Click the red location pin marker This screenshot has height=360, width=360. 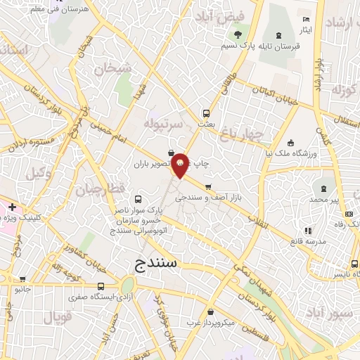181,165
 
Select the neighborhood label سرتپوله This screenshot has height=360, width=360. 163,123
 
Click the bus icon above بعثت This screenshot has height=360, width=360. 206,112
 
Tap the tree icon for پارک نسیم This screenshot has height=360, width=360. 238,34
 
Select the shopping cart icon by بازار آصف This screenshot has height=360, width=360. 207,187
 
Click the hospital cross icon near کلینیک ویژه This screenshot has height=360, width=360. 13,207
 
